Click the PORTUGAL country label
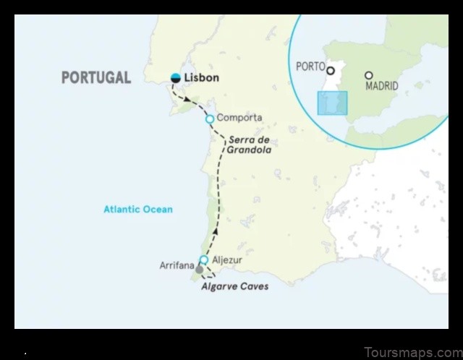coord(96,78)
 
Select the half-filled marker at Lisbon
coord(175,77)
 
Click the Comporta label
coord(239,118)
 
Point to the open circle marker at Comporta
coord(210,119)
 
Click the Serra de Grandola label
coord(250,145)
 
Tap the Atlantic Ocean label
coord(137,210)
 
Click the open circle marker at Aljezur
coord(204,260)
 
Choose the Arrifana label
coord(177,266)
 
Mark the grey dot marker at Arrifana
coord(200,269)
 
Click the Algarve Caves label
coord(234,287)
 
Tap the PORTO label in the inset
coord(310,67)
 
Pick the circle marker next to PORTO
coord(331,71)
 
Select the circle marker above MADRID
coord(369,74)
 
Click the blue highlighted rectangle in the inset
coord(333,103)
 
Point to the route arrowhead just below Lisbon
coord(188,99)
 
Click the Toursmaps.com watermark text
coord(412,352)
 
